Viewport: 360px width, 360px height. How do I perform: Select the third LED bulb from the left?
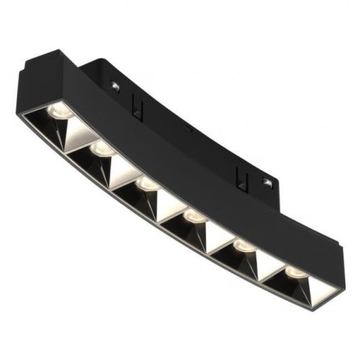148,185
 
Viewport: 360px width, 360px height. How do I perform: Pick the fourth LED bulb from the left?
193,217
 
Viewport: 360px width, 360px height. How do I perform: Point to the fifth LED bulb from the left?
242,247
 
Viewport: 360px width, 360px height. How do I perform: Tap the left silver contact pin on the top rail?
115,84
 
